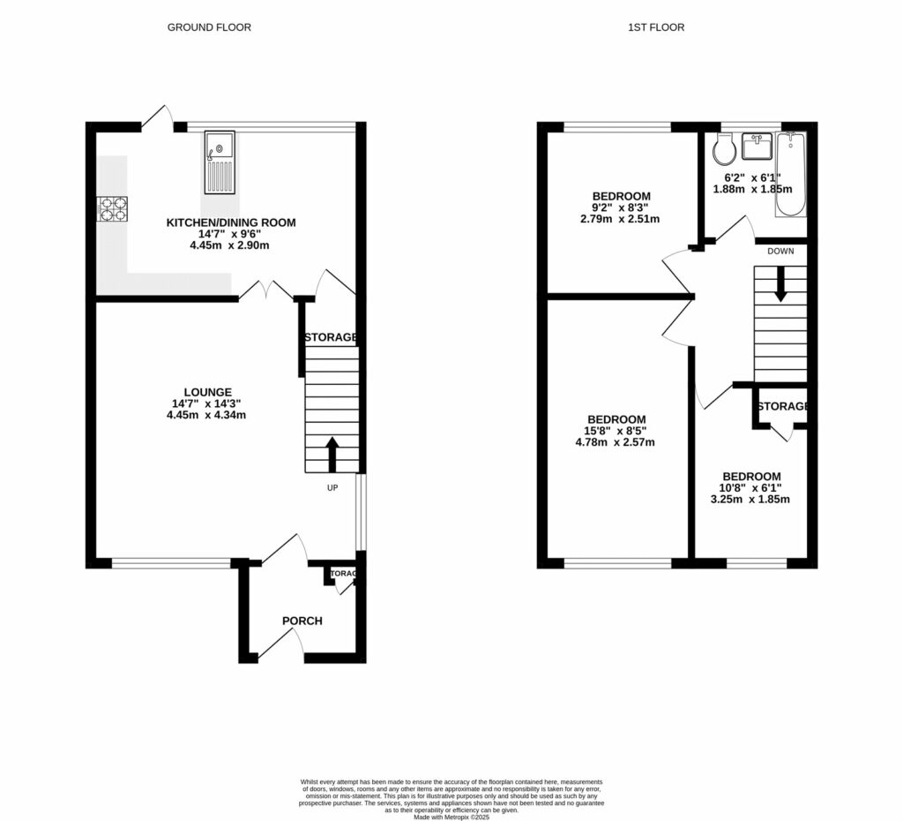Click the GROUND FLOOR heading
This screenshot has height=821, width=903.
click(x=209, y=27)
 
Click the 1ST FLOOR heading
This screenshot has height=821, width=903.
click(x=655, y=27)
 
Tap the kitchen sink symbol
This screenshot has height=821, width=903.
click(x=220, y=162)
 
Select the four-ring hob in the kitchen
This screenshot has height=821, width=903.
click(x=112, y=209)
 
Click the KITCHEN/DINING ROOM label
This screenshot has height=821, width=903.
click(x=231, y=222)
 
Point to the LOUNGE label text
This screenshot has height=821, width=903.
click(x=207, y=392)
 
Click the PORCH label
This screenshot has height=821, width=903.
click(x=302, y=621)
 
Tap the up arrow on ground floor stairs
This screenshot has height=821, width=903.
click(x=332, y=454)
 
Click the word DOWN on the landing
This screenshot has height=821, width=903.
click(x=780, y=251)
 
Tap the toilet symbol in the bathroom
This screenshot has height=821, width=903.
click(x=725, y=150)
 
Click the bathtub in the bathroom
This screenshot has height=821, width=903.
click(x=790, y=174)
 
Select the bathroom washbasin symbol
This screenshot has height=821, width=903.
click(x=756, y=144)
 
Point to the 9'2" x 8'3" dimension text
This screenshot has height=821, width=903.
click(x=621, y=207)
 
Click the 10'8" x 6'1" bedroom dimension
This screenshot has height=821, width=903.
click(x=751, y=487)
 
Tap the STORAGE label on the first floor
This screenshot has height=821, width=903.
click(x=783, y=406)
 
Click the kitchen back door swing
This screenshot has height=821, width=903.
click(x=157, y=117)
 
